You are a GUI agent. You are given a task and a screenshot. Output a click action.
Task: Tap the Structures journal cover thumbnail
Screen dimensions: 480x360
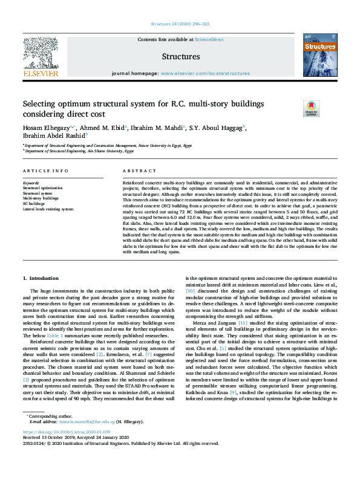coord(319,55)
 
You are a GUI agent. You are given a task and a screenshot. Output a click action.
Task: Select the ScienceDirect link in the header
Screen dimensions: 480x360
coord(209,39)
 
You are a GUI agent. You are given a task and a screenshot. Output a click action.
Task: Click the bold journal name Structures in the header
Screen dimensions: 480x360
coord(180,57)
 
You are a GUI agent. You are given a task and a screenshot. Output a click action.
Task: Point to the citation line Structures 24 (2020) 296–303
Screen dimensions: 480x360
coord(180,25)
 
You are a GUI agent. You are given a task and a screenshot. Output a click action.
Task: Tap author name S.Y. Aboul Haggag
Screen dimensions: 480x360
coord(218,128)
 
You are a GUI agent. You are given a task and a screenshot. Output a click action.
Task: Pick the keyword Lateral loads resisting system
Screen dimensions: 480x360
coord(48,209)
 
